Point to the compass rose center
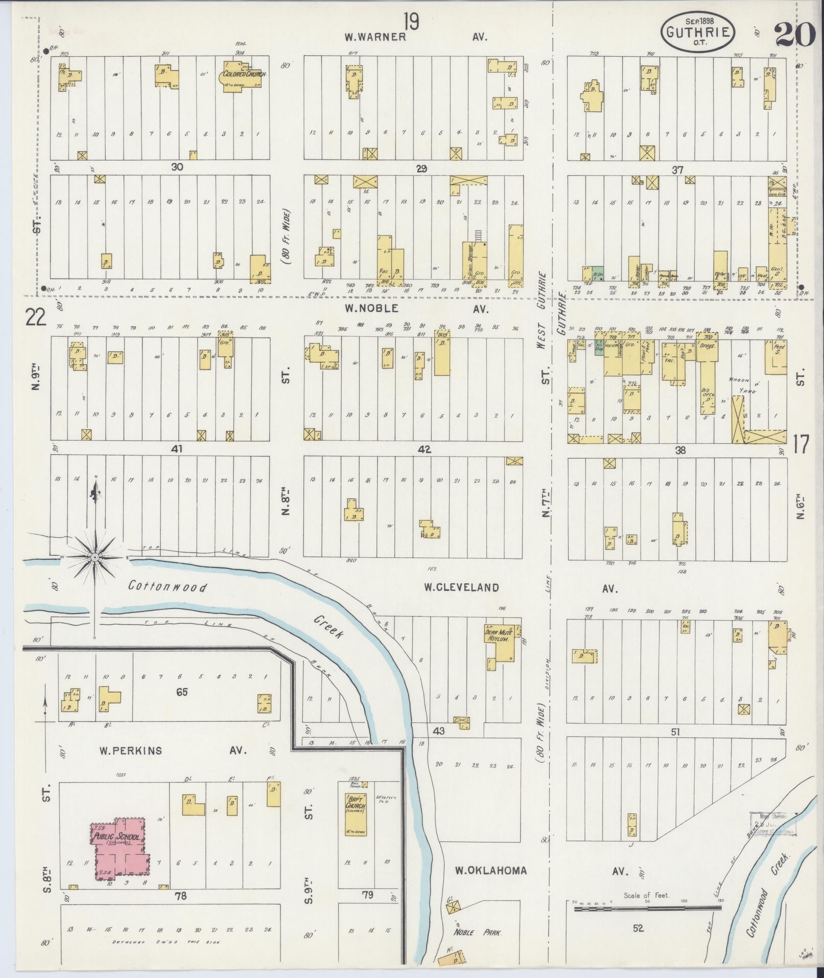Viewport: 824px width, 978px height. (95, 556)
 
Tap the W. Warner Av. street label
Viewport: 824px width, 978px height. (375, 37)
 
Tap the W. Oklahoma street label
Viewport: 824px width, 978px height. (491, 870)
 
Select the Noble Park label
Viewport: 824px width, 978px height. (478, 932)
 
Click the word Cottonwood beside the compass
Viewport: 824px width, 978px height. (168, 586)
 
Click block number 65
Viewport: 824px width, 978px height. (182, 692)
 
